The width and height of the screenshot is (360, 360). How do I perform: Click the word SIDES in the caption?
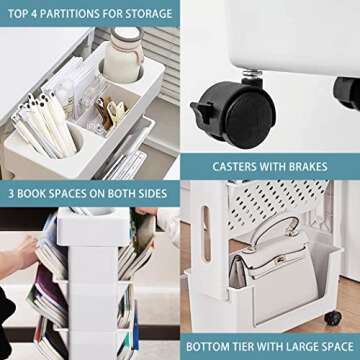[x=153, y=192]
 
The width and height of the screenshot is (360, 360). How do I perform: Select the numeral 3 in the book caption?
[x=12, y=192]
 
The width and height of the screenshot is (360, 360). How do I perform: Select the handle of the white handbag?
[x=274, y=238]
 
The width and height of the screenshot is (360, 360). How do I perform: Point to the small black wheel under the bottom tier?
[x=332, y=319]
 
